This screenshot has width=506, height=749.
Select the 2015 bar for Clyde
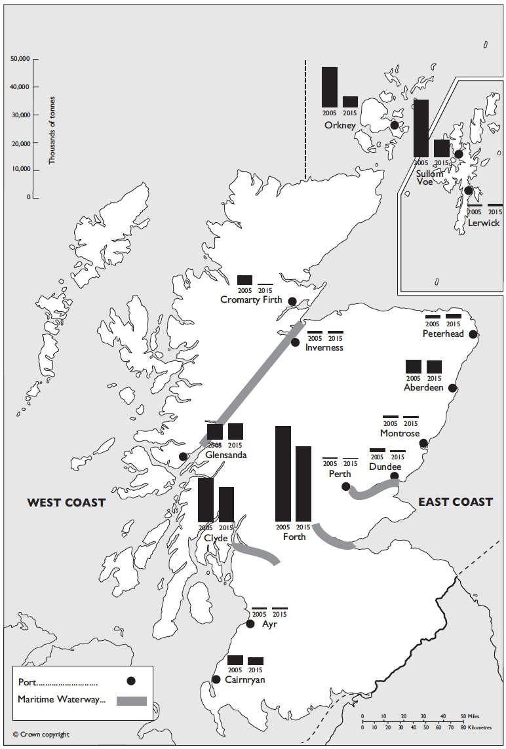(226, 504)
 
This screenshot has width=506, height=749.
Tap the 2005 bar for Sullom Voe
(421, 128)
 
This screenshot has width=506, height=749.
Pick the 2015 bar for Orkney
(350, 102)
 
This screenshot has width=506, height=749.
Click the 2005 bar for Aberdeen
(414, 367)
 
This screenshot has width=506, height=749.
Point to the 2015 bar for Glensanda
(235, 431)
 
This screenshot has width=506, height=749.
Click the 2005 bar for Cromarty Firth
(244, 280)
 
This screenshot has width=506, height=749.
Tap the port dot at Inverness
(295, 342)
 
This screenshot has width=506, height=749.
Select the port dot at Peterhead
(473, 334)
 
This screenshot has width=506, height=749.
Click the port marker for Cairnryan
(216, 680)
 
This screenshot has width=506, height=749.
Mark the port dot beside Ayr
(250, 624)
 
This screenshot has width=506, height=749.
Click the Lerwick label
(484, 223)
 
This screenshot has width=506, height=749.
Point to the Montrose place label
(400, 433)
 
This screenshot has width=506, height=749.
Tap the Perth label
(340, 474)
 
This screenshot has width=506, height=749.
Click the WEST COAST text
(66, 503)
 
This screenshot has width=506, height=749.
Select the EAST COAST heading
(456, 502)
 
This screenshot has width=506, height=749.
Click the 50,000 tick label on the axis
(20, 59)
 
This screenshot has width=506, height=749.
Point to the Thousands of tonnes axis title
(52, 130)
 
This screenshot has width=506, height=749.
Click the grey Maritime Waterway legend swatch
(131, 701)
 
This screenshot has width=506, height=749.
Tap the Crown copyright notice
(41, 735)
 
